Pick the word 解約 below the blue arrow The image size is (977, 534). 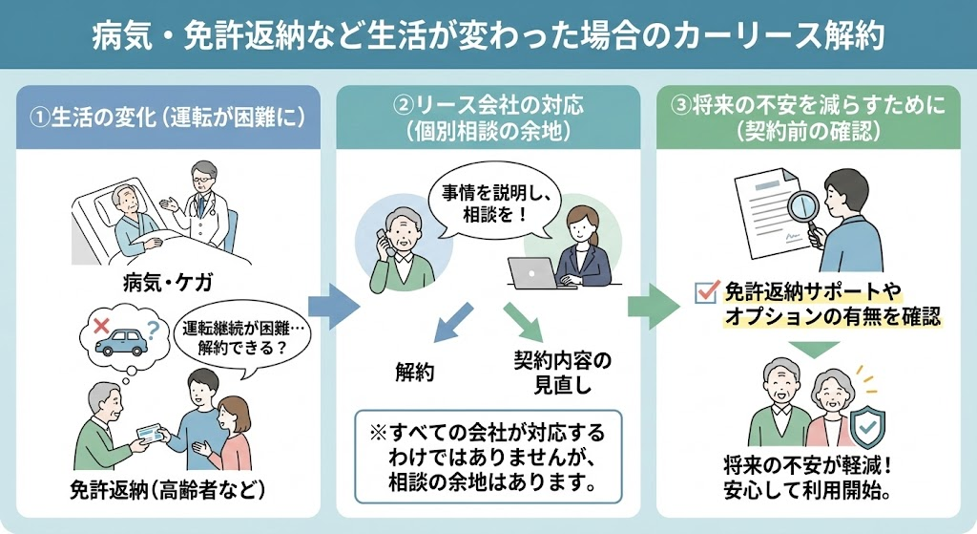(415, 372)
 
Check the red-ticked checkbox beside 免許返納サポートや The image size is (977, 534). (705, 291)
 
